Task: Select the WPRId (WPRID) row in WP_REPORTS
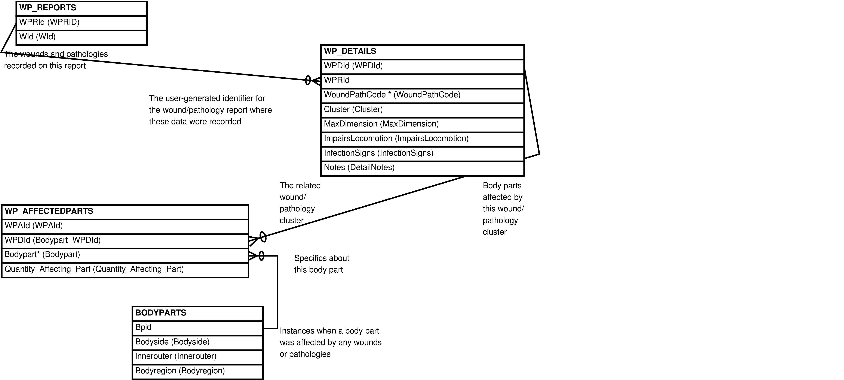point(81,23)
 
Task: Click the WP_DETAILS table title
point(422,52)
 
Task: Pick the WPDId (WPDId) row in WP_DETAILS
point(422,67)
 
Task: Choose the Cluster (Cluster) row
point(422,110)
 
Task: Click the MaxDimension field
point(422,125)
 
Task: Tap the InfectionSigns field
point(422,154)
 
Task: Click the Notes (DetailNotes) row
point(422,168)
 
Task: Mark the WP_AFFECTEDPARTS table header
point(125,212)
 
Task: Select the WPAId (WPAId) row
point(125,226)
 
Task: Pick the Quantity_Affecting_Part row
point(125,270)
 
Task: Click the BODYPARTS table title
point(198,314)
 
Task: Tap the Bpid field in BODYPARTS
point(198,328)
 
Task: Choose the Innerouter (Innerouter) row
point(198,357)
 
